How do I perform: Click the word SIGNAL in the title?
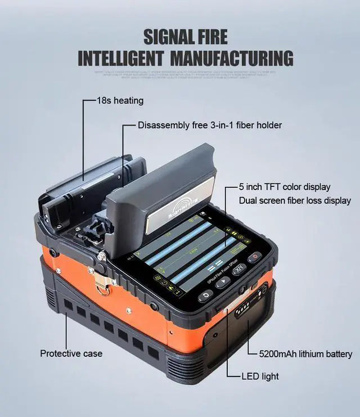(166, 37)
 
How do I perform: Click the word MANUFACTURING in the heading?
(231, 58)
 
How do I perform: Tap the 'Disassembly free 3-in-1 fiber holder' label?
(210, 125)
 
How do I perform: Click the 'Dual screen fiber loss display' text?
(295, 200)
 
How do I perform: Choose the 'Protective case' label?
(71, 353)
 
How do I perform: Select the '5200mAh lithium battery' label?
(305, 354)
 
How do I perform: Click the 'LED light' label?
(260, 376)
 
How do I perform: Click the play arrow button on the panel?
(223, 283)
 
